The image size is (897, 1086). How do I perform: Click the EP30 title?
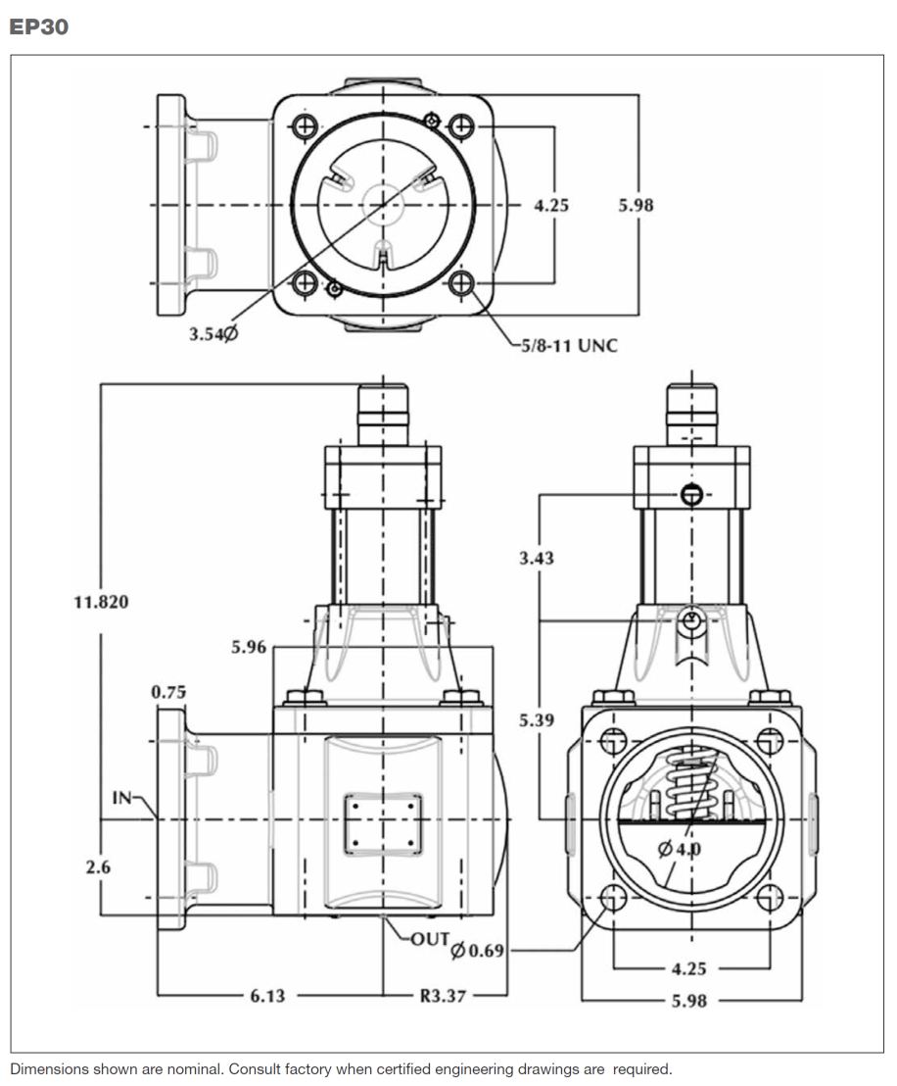[39, 26]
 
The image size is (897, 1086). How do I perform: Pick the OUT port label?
[428, 938]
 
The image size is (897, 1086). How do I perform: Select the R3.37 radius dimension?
[441, 997]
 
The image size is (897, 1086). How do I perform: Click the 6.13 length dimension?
[266, 997]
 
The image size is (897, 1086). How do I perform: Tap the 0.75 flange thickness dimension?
[169, 692]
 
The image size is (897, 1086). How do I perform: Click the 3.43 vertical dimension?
[537, 558]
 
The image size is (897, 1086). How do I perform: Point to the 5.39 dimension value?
[537, 721]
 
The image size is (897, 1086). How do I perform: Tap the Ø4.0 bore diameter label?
[681, 849]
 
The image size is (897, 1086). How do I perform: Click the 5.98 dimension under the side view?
[690, 1001]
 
